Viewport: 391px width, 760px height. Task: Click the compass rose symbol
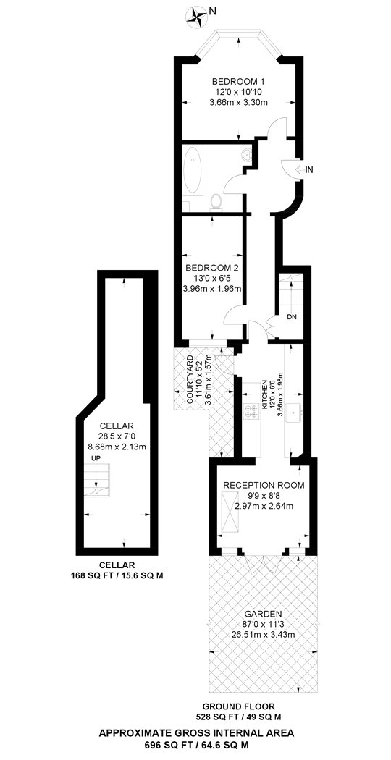[195, 14]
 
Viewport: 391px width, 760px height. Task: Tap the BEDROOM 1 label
[238, 81]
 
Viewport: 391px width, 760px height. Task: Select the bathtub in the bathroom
[193, 171]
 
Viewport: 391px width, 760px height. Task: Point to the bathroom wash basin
[246, 155]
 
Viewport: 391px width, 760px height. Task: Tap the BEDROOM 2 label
[212, 268]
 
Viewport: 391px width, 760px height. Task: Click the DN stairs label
[291, 317]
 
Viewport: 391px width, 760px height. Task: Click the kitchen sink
[295, 412]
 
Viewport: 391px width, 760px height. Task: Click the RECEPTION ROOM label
[264, 485]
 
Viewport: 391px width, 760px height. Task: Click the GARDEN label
[264, 613]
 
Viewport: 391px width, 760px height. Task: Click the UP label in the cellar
[96, 458]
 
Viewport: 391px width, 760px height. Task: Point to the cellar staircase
[98, 480]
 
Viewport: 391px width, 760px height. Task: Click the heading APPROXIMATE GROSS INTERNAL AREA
[196, 732]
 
